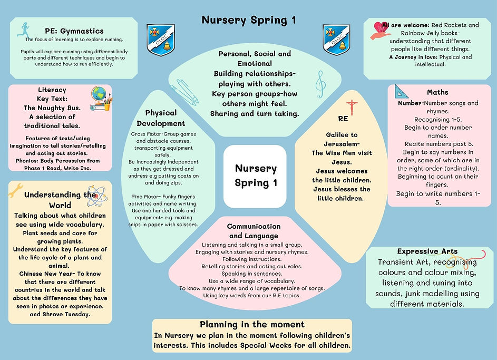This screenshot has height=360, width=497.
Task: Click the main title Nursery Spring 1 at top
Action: click(x=248, y=21)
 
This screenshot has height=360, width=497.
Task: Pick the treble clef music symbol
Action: click(x=319, y=82)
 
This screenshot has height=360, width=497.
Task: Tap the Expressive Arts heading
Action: click(x=427, y=251)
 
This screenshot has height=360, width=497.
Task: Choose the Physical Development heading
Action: click(x=161, y=118)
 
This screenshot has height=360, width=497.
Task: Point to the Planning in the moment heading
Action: click(x=252, y=325)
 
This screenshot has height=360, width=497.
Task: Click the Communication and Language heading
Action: click(x=254, y=231)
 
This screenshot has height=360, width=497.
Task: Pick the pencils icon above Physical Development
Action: click(x=186, y=92)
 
